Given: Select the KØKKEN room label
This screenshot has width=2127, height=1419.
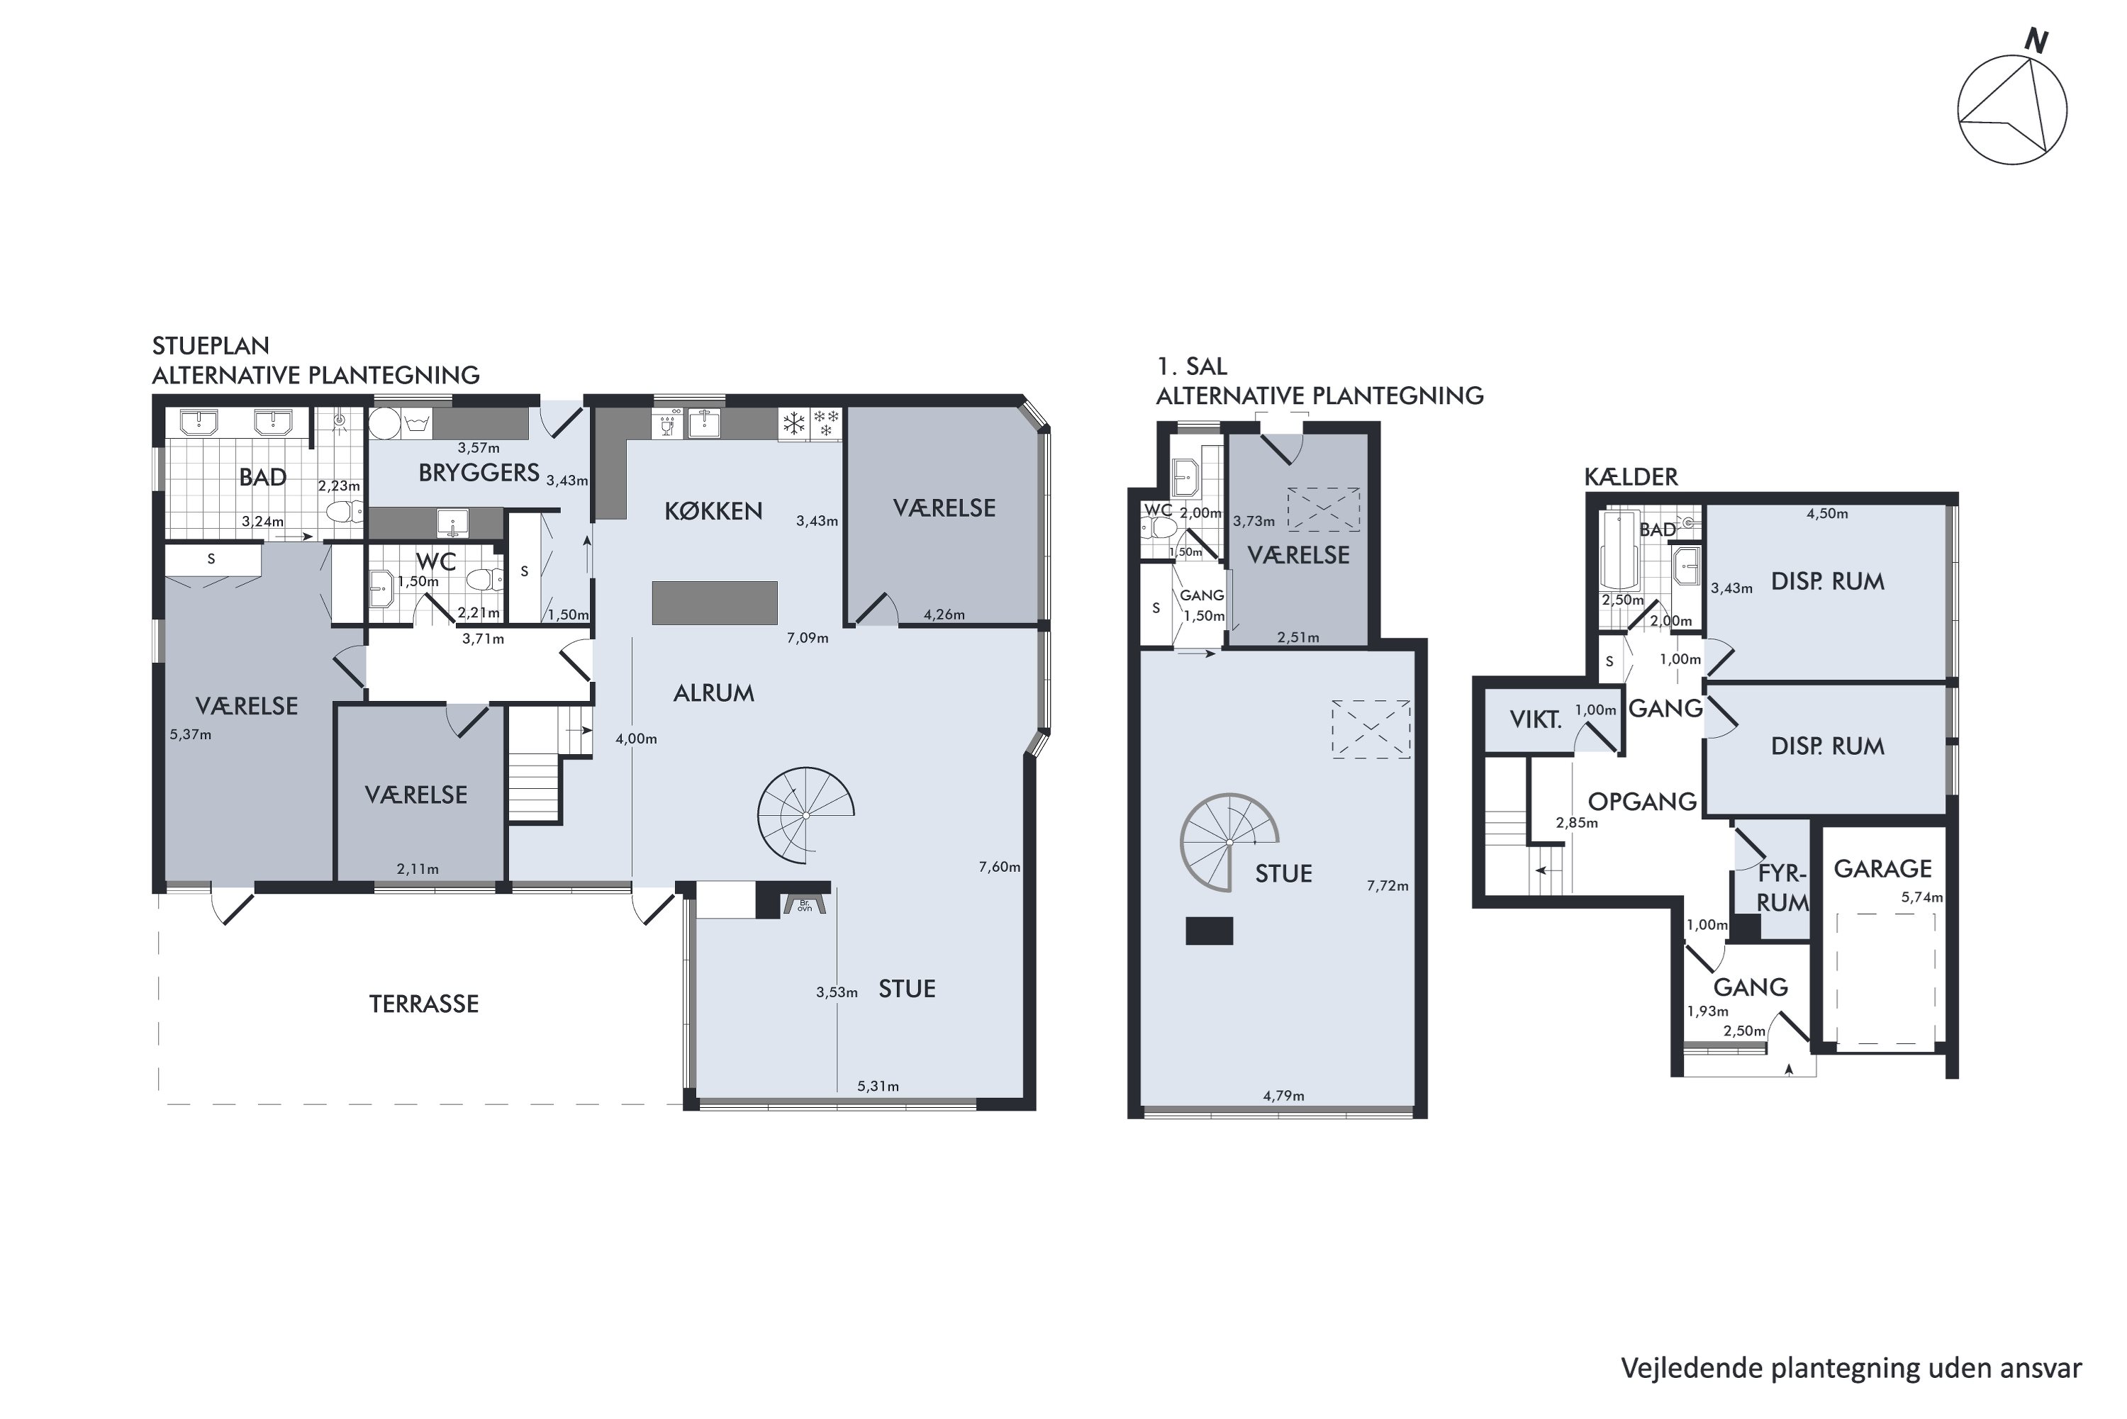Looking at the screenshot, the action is [x=713, y=511].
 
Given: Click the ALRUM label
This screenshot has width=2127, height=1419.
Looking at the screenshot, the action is [x=713, y=693].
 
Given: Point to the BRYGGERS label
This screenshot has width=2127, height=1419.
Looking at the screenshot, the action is [x=479, y=472].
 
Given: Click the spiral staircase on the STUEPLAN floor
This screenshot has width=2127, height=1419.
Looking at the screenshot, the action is [x=805, y=815].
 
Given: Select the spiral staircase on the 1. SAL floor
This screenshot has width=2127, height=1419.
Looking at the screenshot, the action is [x=1229, y=843].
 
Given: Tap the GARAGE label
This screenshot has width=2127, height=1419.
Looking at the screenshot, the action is [x=1882, y=869].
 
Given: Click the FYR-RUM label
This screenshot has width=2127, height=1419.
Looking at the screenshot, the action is [x=1782, y=888].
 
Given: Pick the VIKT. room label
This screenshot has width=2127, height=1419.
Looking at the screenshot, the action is [x=1536, y=720].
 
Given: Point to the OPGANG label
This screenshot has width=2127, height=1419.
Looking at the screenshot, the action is [x=1642, y=802].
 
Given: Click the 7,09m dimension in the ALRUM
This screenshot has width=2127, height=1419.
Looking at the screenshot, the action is [x=808, y=638].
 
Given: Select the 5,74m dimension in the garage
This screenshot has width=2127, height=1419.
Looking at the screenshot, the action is [x=1921, y=898].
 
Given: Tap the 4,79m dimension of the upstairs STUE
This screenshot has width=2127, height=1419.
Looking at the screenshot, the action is [x=1283, y=1096].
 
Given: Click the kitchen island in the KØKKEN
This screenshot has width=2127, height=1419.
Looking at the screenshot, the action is [x=715, y=602].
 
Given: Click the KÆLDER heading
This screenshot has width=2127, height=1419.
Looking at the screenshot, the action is [x=1631, y=477].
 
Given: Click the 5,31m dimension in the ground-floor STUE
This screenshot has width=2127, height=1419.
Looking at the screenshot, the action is [x=878, y=1086].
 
